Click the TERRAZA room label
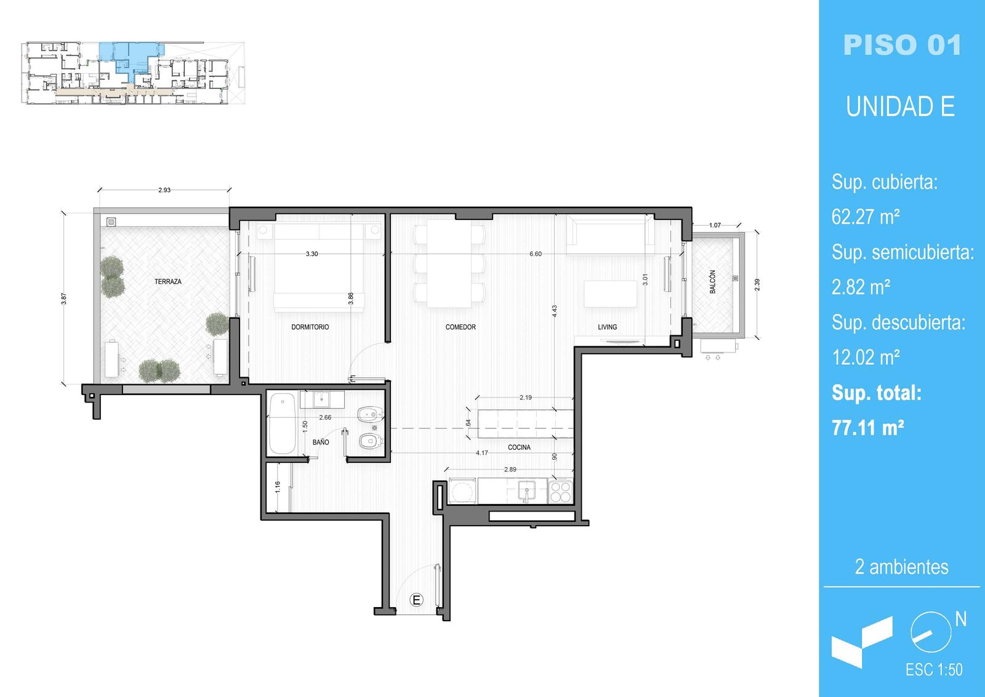click(x=167, y=282)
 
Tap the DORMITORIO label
click(x=310, y=327)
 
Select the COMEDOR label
click(x=460, y=327)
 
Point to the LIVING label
click(x=607, y=327)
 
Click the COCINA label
click(x=519, y=447)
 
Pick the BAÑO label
click(x=321, y=442)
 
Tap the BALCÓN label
click(x=712, y=282)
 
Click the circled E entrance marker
click(x=416, y=600)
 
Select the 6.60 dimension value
click(x=535, y=254)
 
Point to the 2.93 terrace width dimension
click(x=164, y=190)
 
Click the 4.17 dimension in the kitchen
click(x=482, y=452)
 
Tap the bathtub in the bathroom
click(x=282, y=423)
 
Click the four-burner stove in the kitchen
click(x=561, y=492)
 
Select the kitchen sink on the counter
click(x=526, y=491)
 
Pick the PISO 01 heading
click(x=903, y=45)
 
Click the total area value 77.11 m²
click(x=867, y=427)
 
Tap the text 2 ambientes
click(x=902, y=567)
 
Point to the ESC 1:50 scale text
click(x=934, y=670)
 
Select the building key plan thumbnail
click(x=133, y=73)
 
